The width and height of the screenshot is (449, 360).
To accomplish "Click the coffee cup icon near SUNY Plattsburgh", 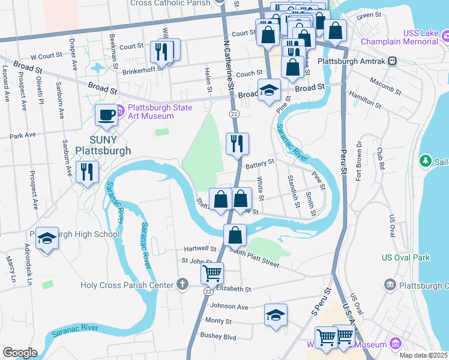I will pos(107,115).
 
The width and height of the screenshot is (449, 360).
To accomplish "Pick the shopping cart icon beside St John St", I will pos(212,274).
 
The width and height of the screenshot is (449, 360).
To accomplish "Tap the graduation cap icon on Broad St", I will pos(270,91).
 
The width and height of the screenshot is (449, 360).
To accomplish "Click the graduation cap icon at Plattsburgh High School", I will pos(47,238).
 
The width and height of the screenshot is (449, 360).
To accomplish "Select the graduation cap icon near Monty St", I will pos(276,315).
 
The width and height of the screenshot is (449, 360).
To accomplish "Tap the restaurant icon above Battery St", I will pos(237,144).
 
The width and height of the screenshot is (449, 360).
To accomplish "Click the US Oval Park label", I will pos(406,257).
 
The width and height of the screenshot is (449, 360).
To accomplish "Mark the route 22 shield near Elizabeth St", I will pos(208,291).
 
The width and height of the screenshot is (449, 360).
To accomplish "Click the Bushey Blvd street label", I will pos(221,337).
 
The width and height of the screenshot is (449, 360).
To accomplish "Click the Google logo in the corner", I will pos(20,353).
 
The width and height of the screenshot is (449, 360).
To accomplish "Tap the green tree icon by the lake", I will pos(426,161).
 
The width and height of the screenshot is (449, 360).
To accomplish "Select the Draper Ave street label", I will pos(73,55).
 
